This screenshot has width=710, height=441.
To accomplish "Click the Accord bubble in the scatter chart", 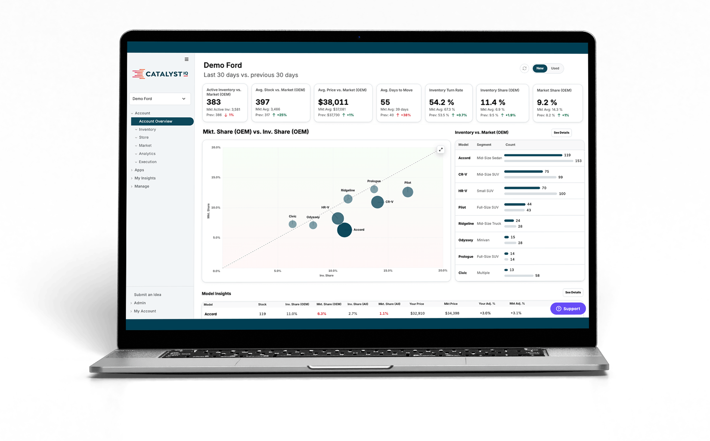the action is [344, 230].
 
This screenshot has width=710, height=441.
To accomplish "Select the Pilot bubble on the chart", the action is [407, 192].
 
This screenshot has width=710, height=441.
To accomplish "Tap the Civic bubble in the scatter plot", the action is [292, 224].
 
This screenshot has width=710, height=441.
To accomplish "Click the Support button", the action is [568, 308].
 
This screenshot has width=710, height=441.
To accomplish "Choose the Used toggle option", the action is [555, 68].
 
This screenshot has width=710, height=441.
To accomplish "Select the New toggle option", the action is [540, 68].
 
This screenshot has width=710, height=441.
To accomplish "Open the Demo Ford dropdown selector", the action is [160, 99].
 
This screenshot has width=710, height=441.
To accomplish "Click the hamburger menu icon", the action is [186, 59].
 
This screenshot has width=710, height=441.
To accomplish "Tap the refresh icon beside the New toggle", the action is [524, 68].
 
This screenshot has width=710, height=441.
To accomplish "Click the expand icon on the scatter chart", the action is [441, 149].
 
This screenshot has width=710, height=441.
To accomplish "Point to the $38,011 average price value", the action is [333, 102].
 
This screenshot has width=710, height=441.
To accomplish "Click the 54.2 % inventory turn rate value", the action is [441, 102].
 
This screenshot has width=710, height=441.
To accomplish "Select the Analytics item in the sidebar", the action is [147, 153].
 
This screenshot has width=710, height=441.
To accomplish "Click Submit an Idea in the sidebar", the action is [148, 295].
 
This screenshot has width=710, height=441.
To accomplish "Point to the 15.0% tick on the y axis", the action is [216, 177].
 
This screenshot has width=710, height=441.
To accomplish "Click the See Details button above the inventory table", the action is [561, 133].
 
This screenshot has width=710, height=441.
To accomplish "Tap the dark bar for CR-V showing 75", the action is [523, 171].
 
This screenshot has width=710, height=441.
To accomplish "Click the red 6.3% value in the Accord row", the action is [322, 314].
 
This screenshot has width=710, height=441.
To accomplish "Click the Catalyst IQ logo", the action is [160, 74].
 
